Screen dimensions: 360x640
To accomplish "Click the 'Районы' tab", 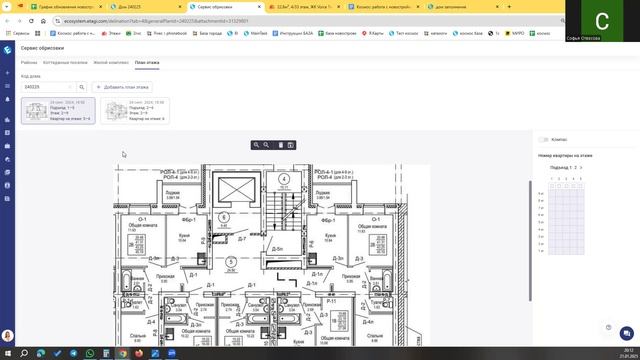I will tap(28, 62).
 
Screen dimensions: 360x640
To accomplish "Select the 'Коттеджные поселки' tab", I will tap(64, 62).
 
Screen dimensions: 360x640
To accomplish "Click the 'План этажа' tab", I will tap(147, 62).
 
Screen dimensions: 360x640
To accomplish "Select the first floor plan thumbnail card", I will tap(57, 111).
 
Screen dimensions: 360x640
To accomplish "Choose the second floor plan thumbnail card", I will tap(134, 111).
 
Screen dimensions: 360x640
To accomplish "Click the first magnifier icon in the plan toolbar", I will tap(256, 145).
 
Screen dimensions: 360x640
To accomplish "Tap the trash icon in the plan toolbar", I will tap(279, 145).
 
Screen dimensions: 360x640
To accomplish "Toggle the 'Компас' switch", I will tap(544, 140).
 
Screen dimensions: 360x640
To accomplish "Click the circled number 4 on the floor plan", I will tap(283, 181).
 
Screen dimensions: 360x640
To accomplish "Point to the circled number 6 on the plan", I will tap(224, 216).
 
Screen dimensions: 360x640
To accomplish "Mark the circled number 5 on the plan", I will tap(231, 262).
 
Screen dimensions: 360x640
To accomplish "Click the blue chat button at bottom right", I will tap(609, 328).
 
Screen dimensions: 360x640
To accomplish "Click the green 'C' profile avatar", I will tap(601, 21).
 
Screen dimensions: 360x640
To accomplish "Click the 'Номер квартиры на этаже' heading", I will tap(565, 155).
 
